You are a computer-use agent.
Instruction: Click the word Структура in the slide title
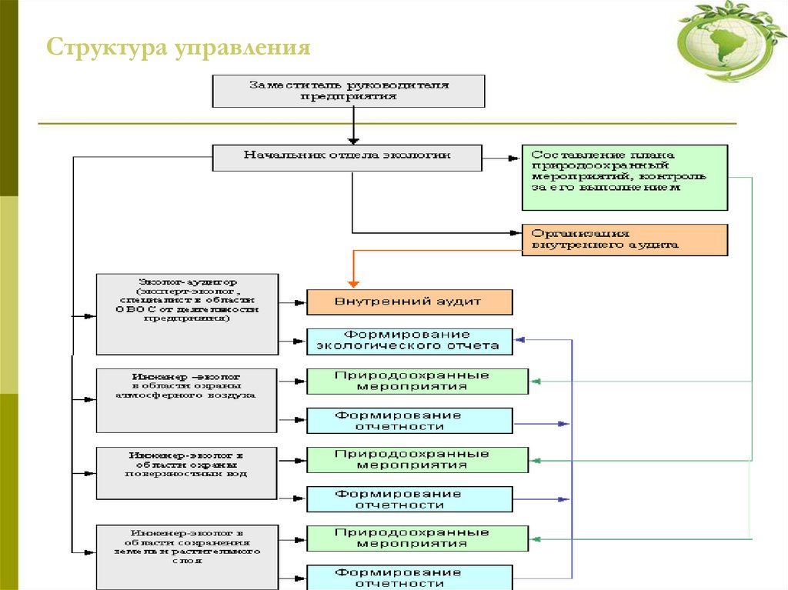click(106, 48)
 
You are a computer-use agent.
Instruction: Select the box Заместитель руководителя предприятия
click(349, 91)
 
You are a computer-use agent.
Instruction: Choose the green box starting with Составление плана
click(624, 178)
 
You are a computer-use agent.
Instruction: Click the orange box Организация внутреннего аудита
click(624, 239)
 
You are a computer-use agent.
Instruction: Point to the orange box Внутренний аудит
click(409, 302)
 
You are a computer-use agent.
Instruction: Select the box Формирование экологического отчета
click(409, 341)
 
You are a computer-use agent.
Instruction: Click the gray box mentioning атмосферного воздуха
click(186, 400)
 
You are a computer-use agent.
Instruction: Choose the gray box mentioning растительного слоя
click(186, 556)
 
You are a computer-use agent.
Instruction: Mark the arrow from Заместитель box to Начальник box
click(352, 125)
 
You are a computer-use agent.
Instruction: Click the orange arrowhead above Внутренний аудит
click(352, 282)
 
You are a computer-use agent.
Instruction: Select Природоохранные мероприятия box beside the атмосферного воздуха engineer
click(417, 382)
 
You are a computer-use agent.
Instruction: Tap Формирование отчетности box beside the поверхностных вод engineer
click(409, 499)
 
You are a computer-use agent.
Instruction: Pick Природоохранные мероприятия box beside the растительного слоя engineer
click(417, 538)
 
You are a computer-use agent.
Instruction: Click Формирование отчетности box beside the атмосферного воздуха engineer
click(409, 421)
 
